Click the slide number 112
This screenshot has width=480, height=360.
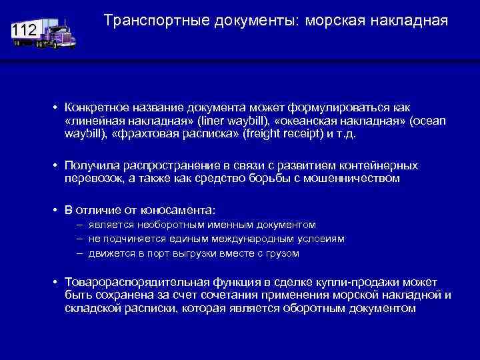coord(24,31)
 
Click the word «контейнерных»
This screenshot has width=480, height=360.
coord(380,165)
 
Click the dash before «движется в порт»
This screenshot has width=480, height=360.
coord(79,253)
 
